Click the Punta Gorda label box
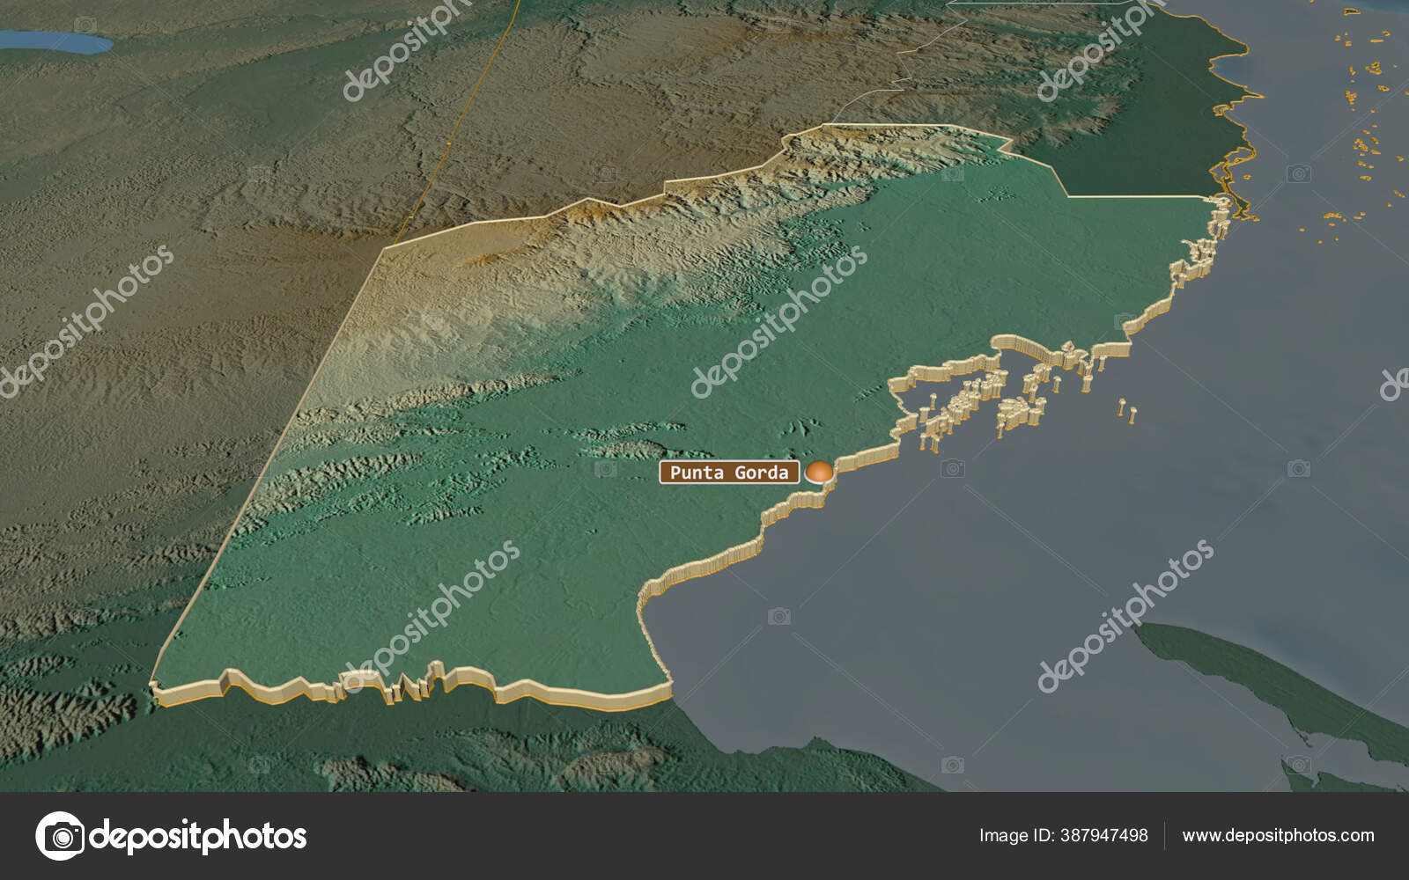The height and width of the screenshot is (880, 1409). (x=729, y=473)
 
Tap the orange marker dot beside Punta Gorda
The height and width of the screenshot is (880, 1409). (x=820, y=473)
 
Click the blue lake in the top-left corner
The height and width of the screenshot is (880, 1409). (x=58, y=41)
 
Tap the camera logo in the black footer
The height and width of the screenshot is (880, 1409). (x=60, y=835)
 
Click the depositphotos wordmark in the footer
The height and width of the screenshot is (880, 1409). (x=198, y=835)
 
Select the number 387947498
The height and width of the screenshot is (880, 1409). (x=1103, y=835)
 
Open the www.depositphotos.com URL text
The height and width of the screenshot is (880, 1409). (x=1278, y=835)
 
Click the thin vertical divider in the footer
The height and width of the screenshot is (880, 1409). (x=1165, y=835)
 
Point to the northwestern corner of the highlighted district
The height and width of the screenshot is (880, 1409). (x=385, y=249)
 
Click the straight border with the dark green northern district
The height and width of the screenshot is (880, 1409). (x=1136, y=195)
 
